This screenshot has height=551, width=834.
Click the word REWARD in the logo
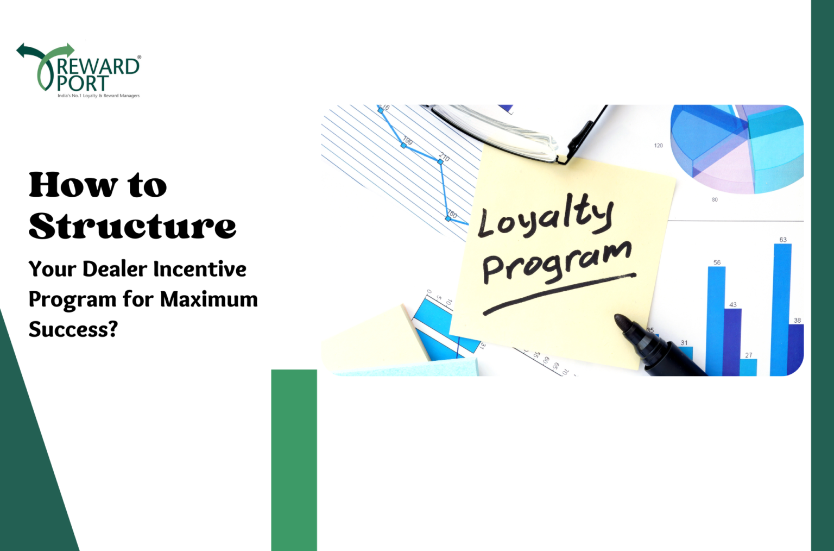(x=98, y=66)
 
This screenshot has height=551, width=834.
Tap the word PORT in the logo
(x=83, y=83)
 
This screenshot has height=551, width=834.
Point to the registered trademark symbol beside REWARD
(x=140, y=57)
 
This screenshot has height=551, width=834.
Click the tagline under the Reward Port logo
(x=98, y=96)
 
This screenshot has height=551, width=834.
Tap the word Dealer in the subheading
(x=115, y=269)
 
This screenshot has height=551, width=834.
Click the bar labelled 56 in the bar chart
(x=716, y=321)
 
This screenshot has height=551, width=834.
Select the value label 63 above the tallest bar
(x=782, y=240)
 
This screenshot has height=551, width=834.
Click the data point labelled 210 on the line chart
(x=440, y=161)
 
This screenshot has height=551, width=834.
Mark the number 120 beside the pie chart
(x=658, y=146)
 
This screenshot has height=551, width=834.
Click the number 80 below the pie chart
(x=715, y=200)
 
